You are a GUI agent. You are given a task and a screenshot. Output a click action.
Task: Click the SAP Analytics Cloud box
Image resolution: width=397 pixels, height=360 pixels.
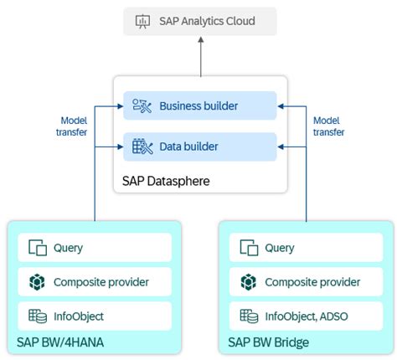[199, 20]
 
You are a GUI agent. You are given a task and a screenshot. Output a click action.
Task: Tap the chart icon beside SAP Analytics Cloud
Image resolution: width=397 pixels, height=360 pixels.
[142, 20]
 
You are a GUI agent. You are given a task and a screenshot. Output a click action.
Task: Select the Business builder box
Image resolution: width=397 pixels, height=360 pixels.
[199, 105]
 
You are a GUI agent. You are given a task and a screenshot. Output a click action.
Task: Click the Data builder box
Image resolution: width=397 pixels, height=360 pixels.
[199, 147]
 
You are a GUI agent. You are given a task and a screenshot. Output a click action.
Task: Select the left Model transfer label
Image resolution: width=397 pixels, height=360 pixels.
[74, 126]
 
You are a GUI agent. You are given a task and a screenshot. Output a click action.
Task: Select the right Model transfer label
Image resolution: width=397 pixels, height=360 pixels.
[327, 126]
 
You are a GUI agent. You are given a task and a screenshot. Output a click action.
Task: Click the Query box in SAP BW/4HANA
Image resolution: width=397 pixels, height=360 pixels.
[94, 248]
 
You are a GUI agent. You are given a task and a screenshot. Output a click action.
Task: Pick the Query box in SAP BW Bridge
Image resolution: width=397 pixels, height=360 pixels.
[306, 248]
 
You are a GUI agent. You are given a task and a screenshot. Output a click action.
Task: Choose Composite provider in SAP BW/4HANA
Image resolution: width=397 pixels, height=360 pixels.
[94, 282]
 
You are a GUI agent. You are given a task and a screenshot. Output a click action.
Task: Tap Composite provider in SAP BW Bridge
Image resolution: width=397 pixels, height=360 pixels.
[306, 282]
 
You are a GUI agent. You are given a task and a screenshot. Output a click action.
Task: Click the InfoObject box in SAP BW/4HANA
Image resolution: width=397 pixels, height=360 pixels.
[94, 316]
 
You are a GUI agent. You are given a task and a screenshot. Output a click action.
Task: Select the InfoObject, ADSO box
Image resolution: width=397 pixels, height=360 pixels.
[306, 316]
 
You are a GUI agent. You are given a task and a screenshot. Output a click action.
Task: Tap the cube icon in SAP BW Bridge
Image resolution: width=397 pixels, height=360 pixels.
[248, 282]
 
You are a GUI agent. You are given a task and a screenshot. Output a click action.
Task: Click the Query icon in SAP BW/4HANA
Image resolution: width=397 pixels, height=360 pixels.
[37, 248]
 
